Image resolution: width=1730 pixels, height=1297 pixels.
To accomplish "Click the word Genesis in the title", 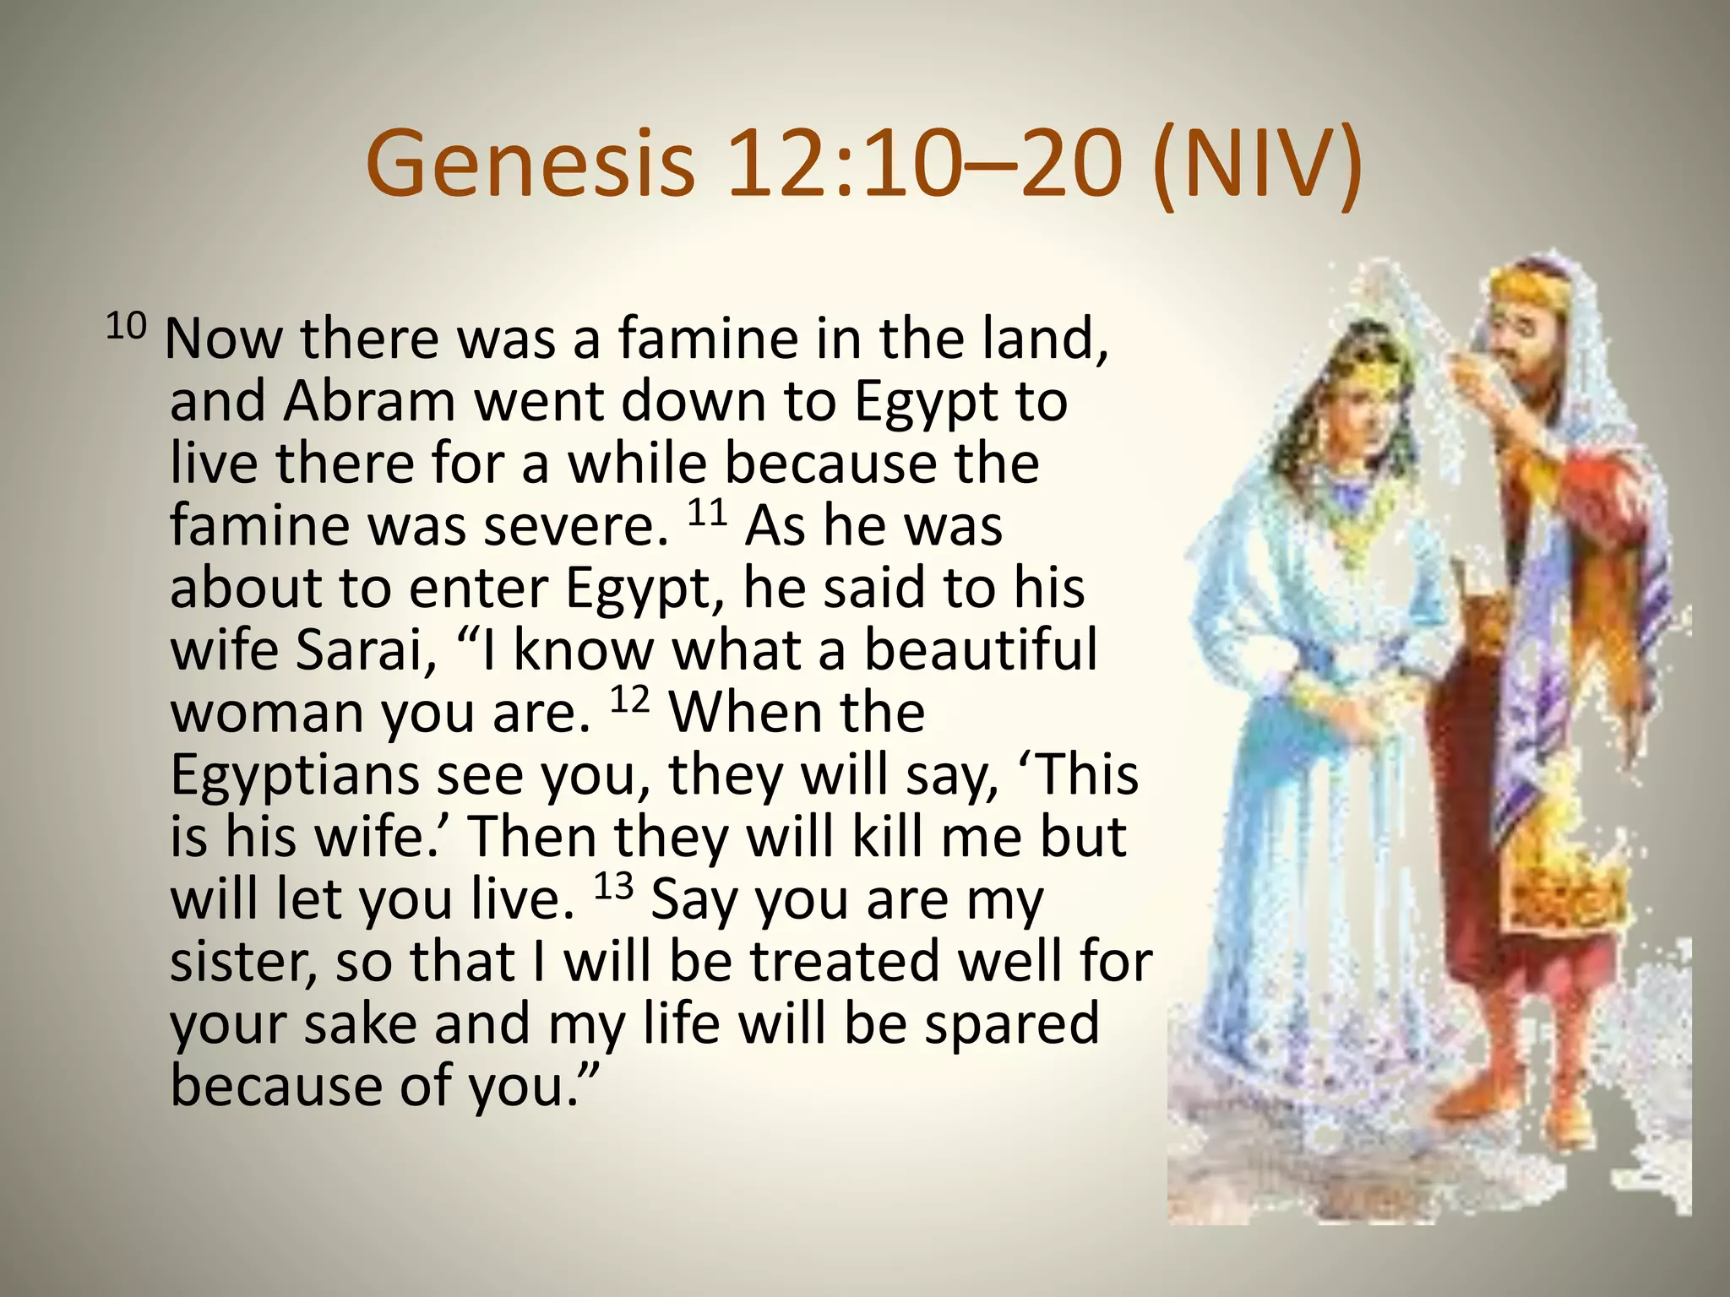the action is pos(530,163).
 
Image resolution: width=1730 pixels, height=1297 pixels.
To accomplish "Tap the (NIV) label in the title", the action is pos(1256,165).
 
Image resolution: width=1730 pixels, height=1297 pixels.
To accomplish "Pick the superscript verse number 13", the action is pos(613,887).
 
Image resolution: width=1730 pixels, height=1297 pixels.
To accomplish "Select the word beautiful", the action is pos(981,648).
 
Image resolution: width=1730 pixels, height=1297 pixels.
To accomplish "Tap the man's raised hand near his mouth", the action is pos(1470,372).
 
